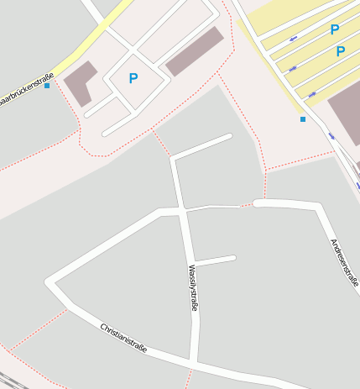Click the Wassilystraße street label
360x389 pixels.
click(x=193, y=288)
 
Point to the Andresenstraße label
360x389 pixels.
click(x=344, y=262)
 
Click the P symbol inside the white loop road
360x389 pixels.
click(x=133, y=79)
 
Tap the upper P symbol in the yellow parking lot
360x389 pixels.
click(x=335, y=30)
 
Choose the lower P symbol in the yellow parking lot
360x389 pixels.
click(x=341, y=51)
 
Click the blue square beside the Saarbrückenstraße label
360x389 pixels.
click(x=47, y=86)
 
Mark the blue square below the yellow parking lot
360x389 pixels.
click(x=303, y=119)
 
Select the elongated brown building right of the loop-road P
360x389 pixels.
click(x=195, y=52)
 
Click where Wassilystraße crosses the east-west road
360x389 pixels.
click(x=184, y=208)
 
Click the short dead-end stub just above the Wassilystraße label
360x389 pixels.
click(x=216, y=260)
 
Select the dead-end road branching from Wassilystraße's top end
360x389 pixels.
click(x=202, y=145)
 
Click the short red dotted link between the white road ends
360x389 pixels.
click(x=247, y=204)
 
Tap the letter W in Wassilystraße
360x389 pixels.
click(x=190, y=269)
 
